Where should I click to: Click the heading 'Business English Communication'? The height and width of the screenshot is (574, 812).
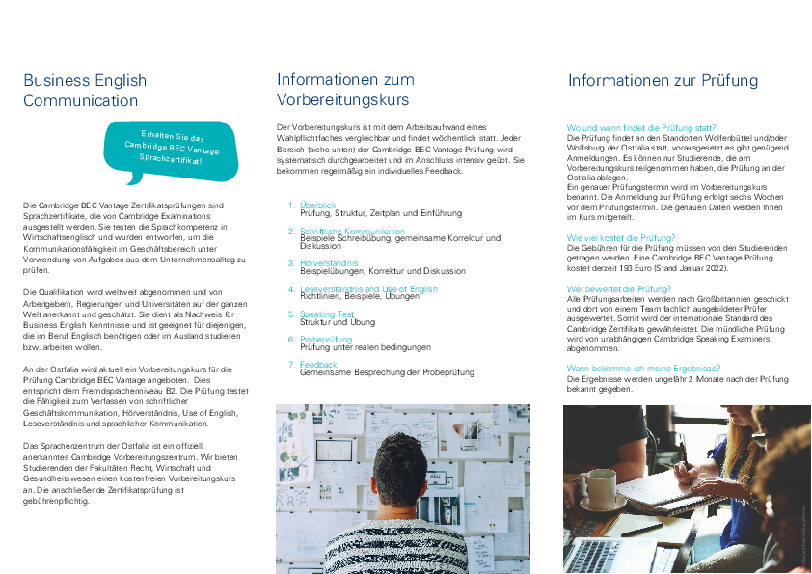coord(85,91)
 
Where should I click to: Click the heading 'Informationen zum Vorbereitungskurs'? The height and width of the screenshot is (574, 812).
coord(344,89)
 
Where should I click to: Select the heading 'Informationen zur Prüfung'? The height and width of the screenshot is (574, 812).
coord(663,81)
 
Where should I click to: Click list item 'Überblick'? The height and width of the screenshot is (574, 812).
coord(318,205)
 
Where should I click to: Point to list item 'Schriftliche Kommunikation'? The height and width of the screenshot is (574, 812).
coord(352,232)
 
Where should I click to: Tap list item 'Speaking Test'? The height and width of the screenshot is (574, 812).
coord(327,314)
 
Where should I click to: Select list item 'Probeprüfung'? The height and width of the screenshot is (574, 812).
coord(326,339)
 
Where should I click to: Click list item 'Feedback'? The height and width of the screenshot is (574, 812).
coord(318,364)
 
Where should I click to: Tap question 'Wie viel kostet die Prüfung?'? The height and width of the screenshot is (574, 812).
coord(621,237)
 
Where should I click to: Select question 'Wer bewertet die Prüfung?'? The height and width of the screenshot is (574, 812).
coord(618,288)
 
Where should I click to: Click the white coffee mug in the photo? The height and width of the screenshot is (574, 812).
coord(598,490)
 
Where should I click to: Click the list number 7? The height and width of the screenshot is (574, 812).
coord(291,364)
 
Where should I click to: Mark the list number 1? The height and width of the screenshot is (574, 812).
coord(291,205)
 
